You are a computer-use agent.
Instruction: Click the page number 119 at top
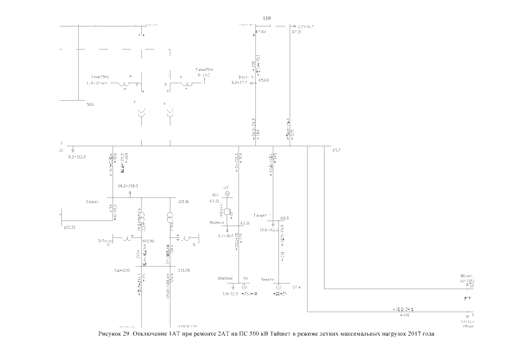[267, 19]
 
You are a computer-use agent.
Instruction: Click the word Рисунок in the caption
[110, 334]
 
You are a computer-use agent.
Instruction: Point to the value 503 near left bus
[89, 105]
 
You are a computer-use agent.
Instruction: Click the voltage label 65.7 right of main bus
[337, 151]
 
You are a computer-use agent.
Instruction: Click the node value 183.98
[148, 241]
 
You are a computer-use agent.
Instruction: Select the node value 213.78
[183, 271]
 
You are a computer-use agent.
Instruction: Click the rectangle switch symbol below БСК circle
[228, 212]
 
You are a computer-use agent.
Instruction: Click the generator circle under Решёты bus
[279, 287]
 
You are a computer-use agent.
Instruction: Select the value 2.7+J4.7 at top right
[305, 26]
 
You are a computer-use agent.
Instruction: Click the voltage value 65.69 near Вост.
[264, 80]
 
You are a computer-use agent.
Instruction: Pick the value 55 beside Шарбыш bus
[245, 278]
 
